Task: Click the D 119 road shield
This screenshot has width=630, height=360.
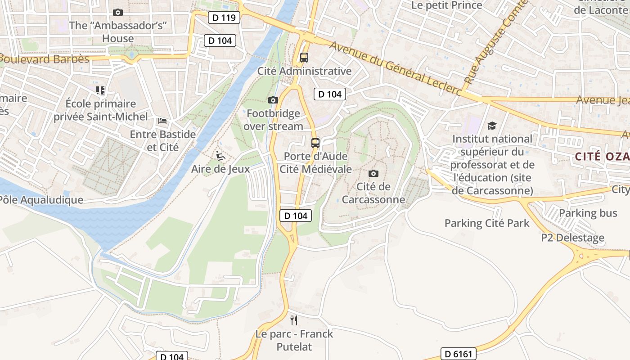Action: [x=224, y=18]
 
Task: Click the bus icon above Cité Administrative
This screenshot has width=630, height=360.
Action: [x=304, y=58]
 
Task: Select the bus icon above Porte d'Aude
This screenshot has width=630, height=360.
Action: [x=315, y=143]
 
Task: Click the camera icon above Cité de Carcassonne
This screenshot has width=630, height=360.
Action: [x=373, y=173]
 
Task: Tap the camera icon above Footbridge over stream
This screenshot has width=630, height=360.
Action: [x=273, y=100]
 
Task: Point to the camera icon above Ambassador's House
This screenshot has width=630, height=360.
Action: [x=118, y=12]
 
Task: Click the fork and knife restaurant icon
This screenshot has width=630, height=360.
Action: [x=294, y=320]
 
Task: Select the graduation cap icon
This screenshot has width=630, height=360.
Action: [x=492, y=126]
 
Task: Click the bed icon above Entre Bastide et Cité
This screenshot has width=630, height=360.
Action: [x=162, y=121]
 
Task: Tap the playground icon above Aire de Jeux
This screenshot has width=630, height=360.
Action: [x=220, y=156]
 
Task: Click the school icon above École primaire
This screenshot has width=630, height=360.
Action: [x=100, y=90]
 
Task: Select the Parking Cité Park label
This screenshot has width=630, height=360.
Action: [x=487, y=223]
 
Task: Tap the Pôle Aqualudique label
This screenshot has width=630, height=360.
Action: [x=41, y=200]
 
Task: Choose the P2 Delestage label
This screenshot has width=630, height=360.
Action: [x=572, y=238]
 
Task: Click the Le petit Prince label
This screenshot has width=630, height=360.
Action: [x=447, y=5]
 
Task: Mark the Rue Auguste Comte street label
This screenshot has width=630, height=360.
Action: [x=495, y=43]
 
